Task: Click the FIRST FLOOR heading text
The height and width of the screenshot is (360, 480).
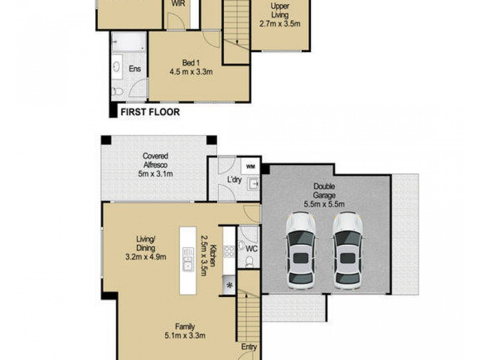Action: point(150,112)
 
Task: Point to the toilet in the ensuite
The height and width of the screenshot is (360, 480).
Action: point(118,91)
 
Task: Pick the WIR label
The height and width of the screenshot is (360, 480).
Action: point(178,4)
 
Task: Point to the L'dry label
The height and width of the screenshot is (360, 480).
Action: point(234,179)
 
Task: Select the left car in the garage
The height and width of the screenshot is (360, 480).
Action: point(301,249)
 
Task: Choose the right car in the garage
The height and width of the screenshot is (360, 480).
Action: point(348,249)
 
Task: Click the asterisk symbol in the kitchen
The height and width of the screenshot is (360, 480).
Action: point(229,286)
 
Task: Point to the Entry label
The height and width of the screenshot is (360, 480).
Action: point(248,347)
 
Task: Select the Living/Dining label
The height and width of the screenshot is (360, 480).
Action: point(146,248)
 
